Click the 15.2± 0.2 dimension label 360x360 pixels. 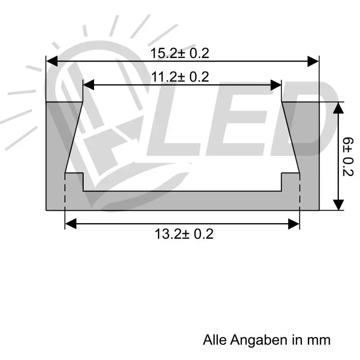point(180,53)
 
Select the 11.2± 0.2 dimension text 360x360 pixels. point(180,77)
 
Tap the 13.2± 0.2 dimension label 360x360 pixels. point(184,234)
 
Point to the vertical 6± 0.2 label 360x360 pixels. point(347,157)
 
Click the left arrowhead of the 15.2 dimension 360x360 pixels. point(52,61)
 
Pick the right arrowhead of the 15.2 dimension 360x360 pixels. point(313,61)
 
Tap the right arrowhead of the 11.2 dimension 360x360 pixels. point(276,85)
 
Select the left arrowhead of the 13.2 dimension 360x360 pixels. point(71,224)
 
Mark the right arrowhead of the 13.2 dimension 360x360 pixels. point(294,224)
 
